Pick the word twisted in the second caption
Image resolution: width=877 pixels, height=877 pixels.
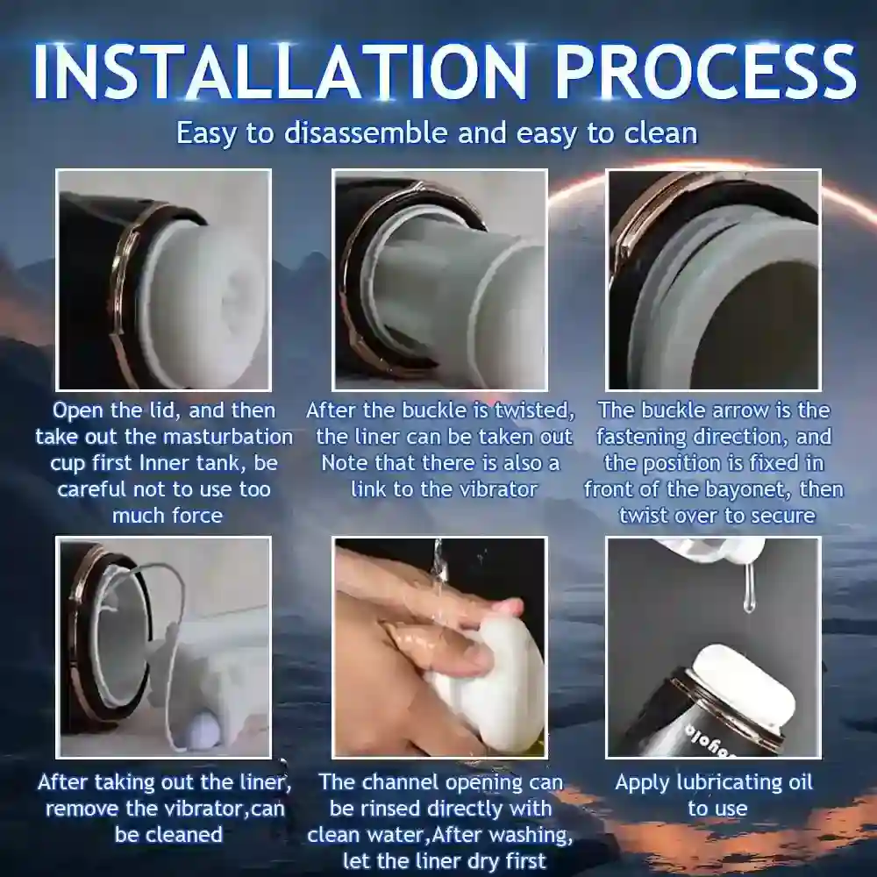[536, 410]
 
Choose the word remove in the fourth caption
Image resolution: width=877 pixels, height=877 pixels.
[80, 809]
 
